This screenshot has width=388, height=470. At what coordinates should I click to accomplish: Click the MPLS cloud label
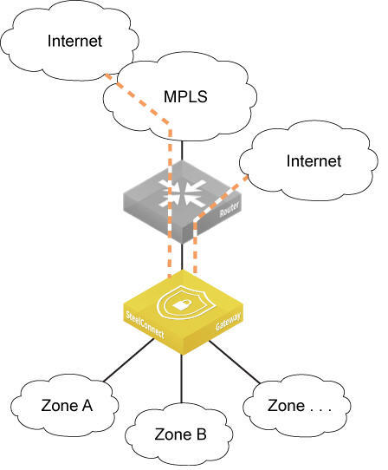185,96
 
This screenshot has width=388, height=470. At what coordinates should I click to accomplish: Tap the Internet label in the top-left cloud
74,41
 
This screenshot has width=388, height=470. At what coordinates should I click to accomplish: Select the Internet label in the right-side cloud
314,161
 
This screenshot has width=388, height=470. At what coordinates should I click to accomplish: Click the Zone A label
67,406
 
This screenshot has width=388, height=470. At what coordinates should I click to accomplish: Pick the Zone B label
180,434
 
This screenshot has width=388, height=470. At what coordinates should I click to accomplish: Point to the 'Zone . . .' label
300,406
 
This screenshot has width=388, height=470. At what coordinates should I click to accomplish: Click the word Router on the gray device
230,209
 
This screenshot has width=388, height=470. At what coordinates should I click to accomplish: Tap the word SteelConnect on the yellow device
145,324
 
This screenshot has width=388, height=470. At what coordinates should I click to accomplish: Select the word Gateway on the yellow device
228,322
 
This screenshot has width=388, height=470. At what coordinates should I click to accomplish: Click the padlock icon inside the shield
181,305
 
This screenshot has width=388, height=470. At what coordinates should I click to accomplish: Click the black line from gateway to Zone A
129,360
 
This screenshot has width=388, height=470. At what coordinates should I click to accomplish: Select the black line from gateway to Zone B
181,379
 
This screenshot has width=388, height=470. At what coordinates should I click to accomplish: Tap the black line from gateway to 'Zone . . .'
235,362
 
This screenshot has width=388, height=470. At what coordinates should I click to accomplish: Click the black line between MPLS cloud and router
182,150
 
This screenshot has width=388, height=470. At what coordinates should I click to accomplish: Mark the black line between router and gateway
182,257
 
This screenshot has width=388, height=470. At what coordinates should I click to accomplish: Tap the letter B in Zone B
202,434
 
